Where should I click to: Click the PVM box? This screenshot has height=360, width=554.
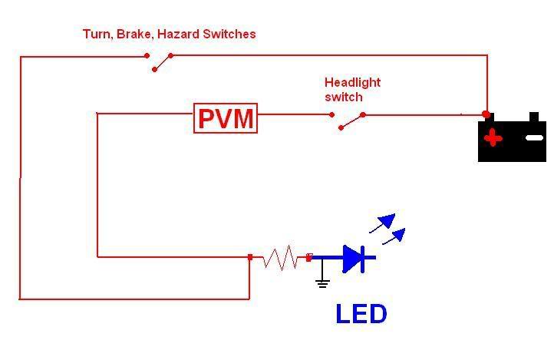(226, 119)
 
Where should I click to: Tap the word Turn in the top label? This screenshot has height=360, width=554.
(97, 34)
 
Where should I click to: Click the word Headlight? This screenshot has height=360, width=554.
(352, 83)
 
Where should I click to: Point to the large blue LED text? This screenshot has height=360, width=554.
(361, 313)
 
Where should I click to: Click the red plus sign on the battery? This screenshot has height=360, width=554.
(492, 138)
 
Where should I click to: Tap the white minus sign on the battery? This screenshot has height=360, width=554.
(534, 138)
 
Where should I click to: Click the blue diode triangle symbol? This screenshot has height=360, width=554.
(354, 258)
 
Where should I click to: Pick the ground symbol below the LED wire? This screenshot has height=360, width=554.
(322, 281)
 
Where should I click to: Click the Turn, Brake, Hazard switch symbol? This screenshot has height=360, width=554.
(159, 61)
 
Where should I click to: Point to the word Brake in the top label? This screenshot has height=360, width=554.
(134, 34)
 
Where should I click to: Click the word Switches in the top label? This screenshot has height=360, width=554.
(229, 34)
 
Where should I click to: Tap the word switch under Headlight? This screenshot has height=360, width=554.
(343, 97)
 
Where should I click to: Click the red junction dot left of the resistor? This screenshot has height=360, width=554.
(250, 257)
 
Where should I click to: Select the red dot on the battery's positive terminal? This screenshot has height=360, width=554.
(486, 114)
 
